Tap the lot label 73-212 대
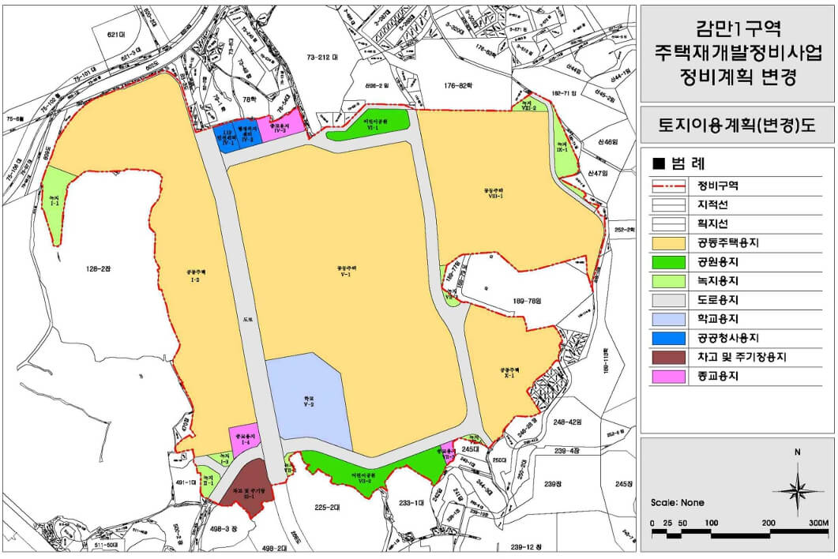pos(322,58)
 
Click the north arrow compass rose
pos(798,489)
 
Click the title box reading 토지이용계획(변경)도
pos(736,125)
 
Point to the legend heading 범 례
pos(678,164)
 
